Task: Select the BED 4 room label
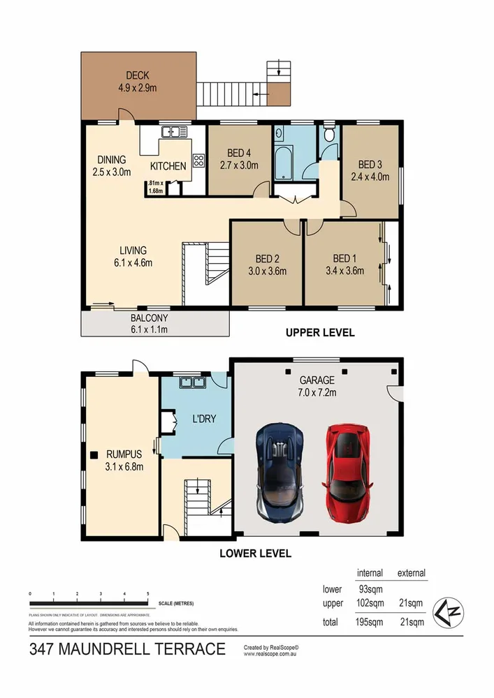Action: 243,154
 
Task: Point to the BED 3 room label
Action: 370,164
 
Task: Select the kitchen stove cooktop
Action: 198,161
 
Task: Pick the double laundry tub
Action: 191,383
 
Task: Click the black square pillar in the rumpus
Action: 93,456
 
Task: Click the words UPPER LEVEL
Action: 320,333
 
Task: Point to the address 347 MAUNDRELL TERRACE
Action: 128,650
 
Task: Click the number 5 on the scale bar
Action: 147,593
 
